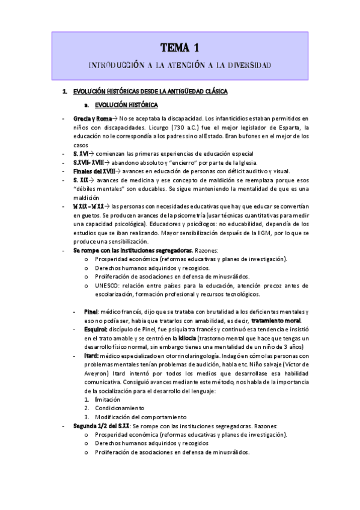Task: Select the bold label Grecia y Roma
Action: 93,118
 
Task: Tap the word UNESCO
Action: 105,286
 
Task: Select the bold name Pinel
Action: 91,312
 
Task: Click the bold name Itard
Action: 91,356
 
